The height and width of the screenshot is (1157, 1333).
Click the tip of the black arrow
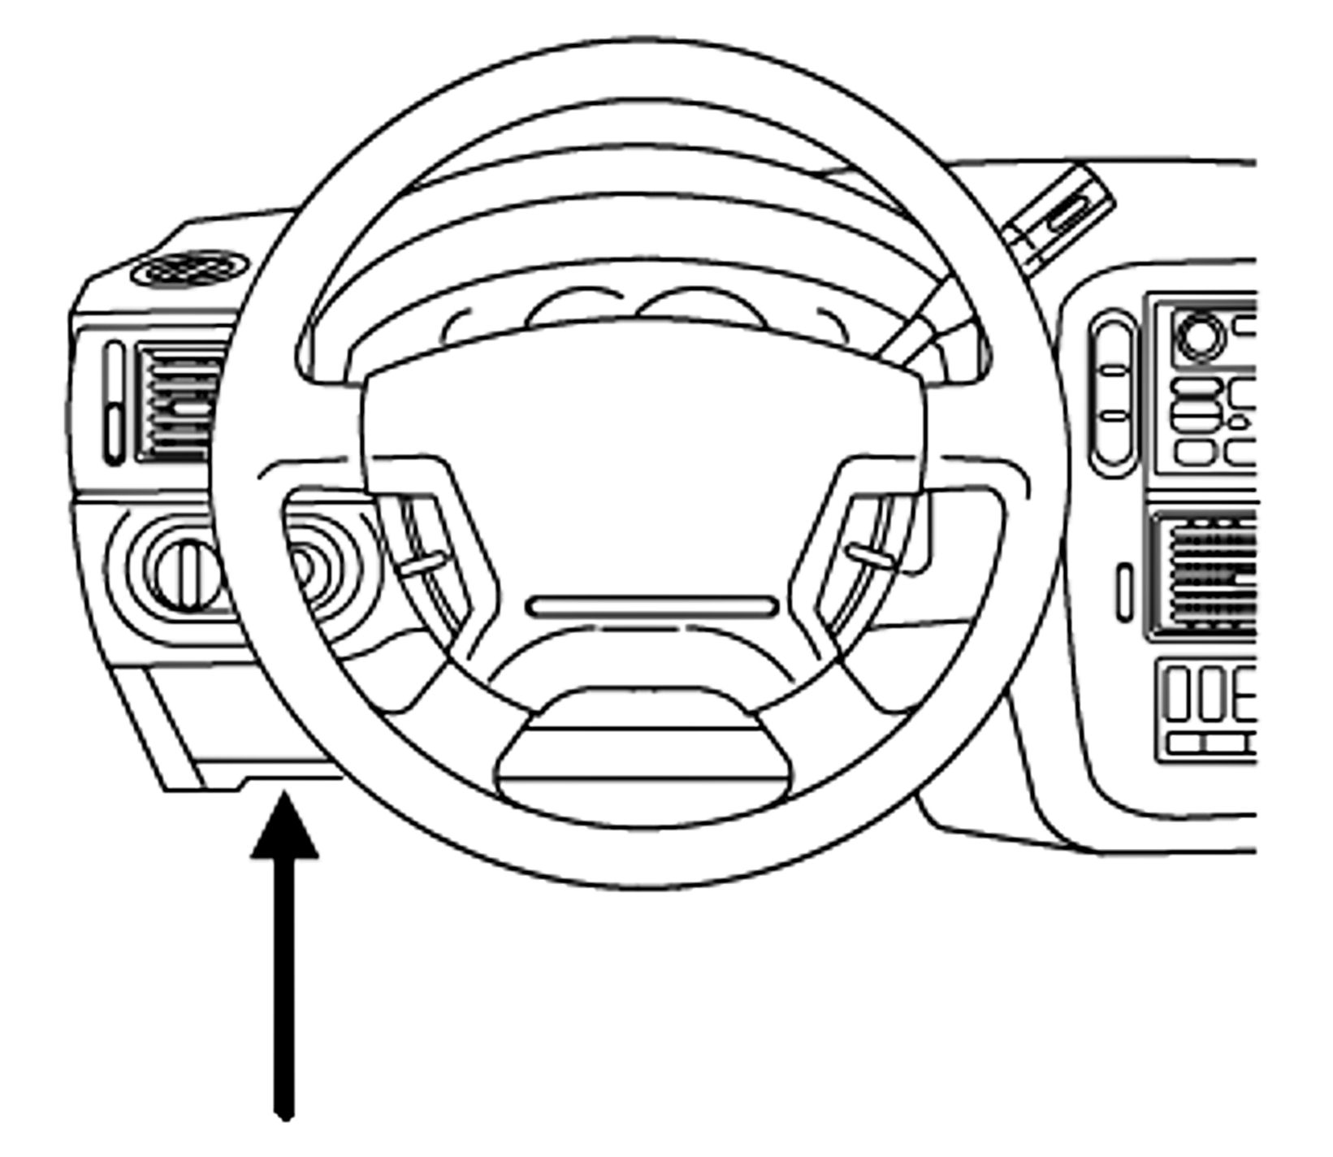point(283,798)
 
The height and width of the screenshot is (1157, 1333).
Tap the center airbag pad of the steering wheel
point(642,463)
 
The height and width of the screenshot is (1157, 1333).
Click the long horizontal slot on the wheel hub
point(652,606)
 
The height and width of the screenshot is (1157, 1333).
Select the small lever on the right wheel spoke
point(869,555)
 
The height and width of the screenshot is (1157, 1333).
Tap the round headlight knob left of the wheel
point(187,574)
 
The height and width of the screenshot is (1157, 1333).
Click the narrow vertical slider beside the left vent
point(115,403)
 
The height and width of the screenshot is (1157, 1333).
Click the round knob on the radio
point(1201,335)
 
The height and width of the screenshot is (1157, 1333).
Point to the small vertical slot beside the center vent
point(1124,591)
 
